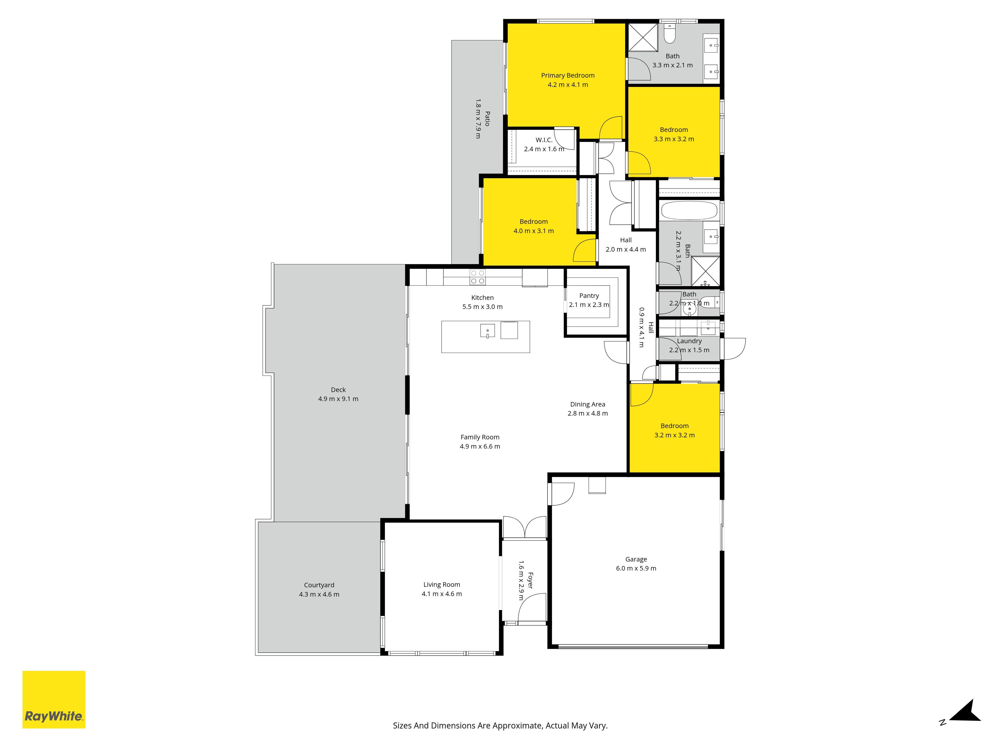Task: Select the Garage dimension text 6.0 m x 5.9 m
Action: pyautogui.click(x=636, y=568)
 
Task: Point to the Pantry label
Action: pyautogui.click(x=589, y=296)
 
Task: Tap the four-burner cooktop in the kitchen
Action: pyautogui.click(x=477, y=277)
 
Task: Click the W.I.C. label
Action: pyautogui.click(x=544, y=140)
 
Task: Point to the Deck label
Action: pyautogui.click(x=338, y=390)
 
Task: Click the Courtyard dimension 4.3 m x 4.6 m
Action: pyautogui.click(x=319, y=594)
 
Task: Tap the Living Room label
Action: pyautogui.click(x=442, y=585)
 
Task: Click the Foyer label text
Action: pyautogui.click(x=530, y=580)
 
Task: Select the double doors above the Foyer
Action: pyautogui.click(x=525, y=527)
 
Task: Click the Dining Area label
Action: pyautogui.click(x=587, y=404)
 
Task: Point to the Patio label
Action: pyautogui.click(x=487, y=119)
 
